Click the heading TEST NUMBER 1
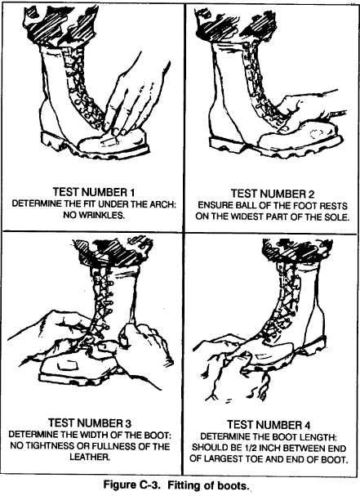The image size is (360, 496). point(94,192)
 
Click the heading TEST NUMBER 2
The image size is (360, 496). point(273,194)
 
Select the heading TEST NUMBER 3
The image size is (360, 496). point(90,423)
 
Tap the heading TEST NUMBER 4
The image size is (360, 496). point(269,425)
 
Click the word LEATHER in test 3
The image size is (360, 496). point(90,458)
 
